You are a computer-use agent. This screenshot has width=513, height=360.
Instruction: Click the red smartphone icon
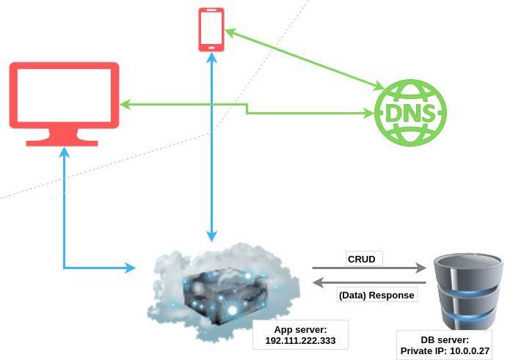[x=211, y=29]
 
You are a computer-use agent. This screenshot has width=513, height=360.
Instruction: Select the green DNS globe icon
[x=410, y=114]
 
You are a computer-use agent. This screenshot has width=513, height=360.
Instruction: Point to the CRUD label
[x=362, y=259]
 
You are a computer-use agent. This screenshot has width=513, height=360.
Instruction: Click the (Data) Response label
[x=377, y=295]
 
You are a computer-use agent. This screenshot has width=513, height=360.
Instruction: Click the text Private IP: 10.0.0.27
[x=445, y=352]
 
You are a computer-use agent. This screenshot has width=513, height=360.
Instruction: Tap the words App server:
[x=300, y=330]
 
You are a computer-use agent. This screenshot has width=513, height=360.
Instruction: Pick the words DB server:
[x=445, y=340]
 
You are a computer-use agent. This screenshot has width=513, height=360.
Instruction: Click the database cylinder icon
[x=467, y=290]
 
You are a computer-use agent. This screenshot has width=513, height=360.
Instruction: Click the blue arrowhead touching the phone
[x=211, y=58]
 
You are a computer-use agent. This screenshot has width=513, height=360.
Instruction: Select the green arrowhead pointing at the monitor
[x=125, y=105]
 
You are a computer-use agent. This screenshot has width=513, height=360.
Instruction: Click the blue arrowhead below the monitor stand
[x=65, y=152]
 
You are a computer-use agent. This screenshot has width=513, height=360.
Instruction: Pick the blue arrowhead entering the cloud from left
[x=131, y=267]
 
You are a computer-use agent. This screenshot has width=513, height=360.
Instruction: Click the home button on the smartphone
[x=211, y=46]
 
